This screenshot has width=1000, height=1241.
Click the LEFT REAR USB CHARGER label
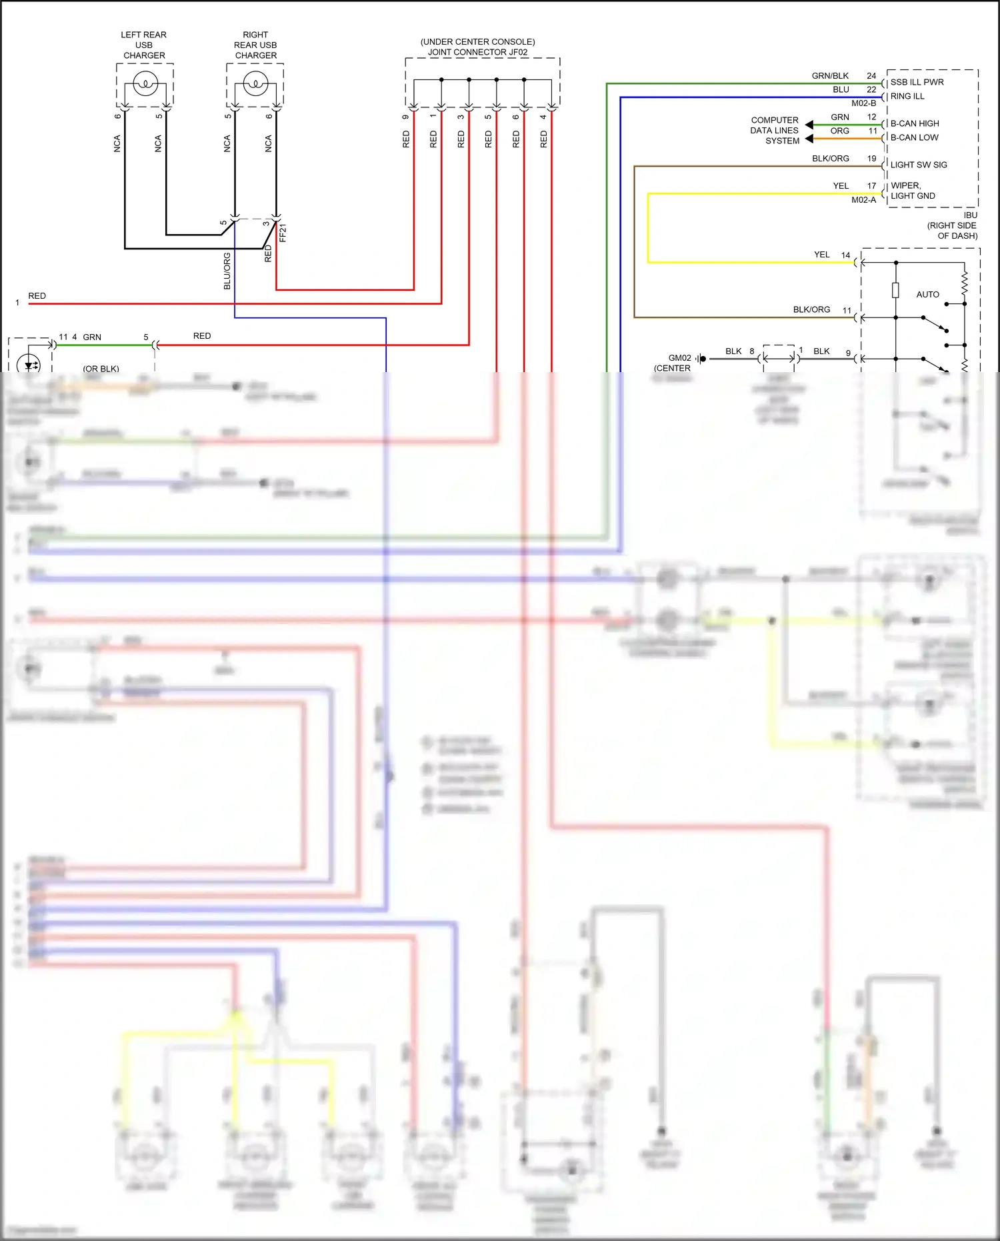point(144,45)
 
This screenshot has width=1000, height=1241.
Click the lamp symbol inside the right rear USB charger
point(255,84)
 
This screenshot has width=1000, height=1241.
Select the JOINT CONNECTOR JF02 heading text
point(477,52)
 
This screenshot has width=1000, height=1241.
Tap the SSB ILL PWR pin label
point(917,82)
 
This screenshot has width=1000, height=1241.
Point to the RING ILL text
point(907,96)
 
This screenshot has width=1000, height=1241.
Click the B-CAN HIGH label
point(915,123)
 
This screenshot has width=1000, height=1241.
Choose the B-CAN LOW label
point(914,137)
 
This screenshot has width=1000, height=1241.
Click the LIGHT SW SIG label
point(919,165)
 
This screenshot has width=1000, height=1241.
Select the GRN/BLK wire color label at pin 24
point(830,76)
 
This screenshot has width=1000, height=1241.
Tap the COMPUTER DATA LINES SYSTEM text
point(775,131)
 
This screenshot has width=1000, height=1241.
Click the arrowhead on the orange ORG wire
point(809,139)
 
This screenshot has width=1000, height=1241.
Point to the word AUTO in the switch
point(927,294)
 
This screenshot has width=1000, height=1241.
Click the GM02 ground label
point(679,358)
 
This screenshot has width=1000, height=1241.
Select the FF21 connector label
point(283,233)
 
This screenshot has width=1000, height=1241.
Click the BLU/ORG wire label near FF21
point(227,271)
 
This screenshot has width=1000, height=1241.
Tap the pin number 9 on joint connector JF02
point(405,117)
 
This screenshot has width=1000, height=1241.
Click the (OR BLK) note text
point(101,368)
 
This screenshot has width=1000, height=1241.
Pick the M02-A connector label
point(863,200)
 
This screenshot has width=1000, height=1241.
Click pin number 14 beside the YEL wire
point(845,255)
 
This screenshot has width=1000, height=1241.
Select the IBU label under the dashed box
point(970,215)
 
